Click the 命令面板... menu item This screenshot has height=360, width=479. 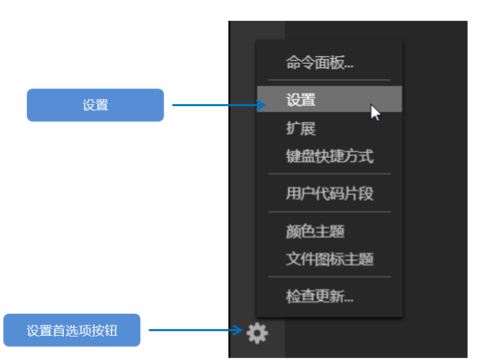320,62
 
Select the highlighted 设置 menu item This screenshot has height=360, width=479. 329,99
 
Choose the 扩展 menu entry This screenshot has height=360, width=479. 300,128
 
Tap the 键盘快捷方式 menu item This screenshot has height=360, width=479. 330,156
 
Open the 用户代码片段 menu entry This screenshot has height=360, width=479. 330,193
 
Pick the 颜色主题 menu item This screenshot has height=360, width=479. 315,231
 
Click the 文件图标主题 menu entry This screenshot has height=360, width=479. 330,259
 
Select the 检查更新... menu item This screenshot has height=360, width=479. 320,296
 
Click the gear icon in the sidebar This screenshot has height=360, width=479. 257,333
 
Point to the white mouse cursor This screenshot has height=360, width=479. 375,112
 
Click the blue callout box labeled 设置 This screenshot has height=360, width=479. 95,105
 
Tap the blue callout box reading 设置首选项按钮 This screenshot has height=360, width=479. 72,330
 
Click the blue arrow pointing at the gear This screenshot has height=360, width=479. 195,330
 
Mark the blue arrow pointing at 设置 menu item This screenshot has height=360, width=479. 219,105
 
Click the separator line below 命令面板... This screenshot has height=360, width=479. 330,80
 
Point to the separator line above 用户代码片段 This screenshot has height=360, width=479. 330,174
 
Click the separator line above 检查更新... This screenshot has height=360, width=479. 330,277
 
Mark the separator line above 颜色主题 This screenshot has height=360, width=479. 330,212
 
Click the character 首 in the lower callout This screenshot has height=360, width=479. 58,330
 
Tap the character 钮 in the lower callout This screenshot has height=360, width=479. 112,330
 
